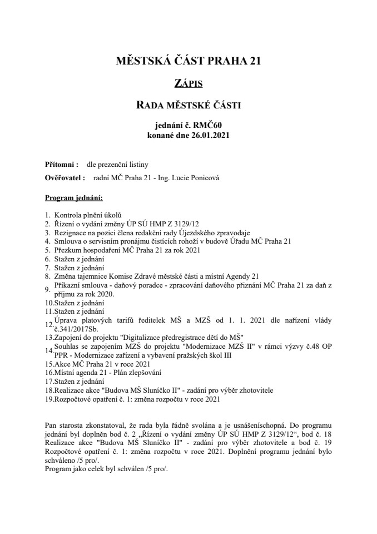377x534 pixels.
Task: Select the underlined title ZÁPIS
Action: pyautogui.click(x=188, y=84)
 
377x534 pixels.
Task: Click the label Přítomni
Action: pyautogui.click(x=61, y=165)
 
